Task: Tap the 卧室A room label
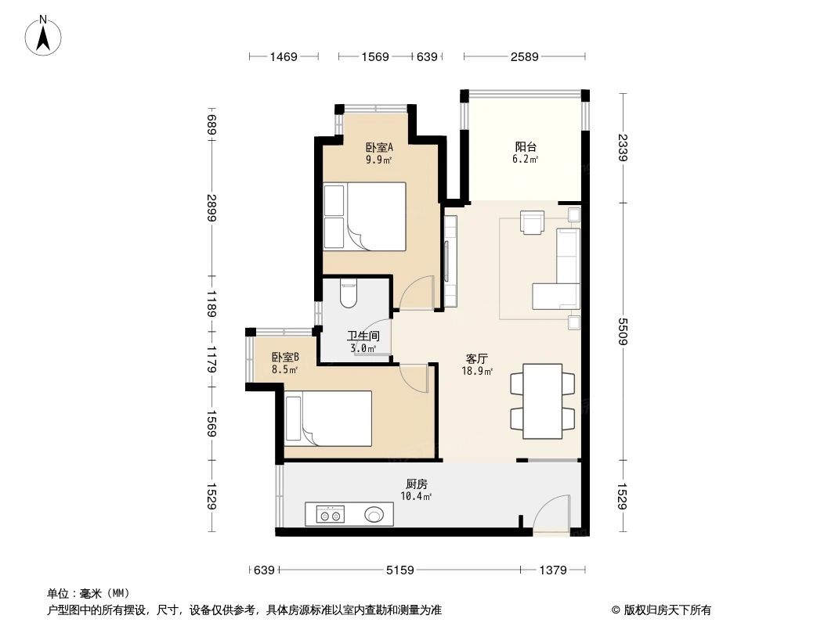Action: pos(379,147)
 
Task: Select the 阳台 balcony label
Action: pos(525,147)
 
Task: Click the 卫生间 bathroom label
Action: pos(362,337)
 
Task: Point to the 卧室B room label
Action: pos(285,357)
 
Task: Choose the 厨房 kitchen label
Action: pos(416,484)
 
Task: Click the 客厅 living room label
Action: pos(477,359)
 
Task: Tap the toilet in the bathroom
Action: pos(349,294)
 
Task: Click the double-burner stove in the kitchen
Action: pos(330,514)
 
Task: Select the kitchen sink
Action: pos(374,514)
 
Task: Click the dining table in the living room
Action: pos(543,401)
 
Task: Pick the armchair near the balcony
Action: pos(533,222)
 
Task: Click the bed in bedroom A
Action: pos(365,216)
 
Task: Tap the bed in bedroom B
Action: pos(328,419)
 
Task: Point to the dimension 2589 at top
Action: pos(524,56)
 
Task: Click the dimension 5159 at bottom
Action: pos(400,570)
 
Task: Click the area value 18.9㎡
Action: pos(477,371)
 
